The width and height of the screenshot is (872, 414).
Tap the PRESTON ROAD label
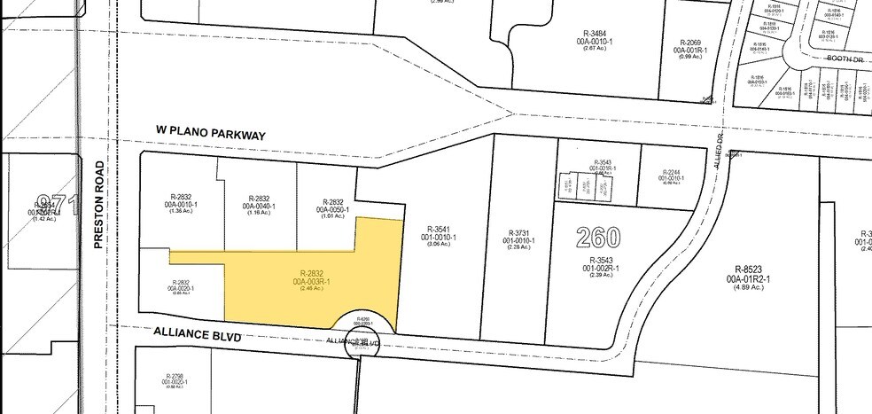coord(99,204)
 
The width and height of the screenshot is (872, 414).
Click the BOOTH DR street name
coord(845,59)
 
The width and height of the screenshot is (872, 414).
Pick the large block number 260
coord(597,238)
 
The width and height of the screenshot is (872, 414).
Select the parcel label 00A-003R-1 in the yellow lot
coord(315,281)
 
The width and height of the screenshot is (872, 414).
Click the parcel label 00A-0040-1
coord(259,206)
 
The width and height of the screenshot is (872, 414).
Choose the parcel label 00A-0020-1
coord(180,286)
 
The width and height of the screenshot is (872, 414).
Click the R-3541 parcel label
coord(440,229)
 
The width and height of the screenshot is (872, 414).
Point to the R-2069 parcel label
coord(690,43)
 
